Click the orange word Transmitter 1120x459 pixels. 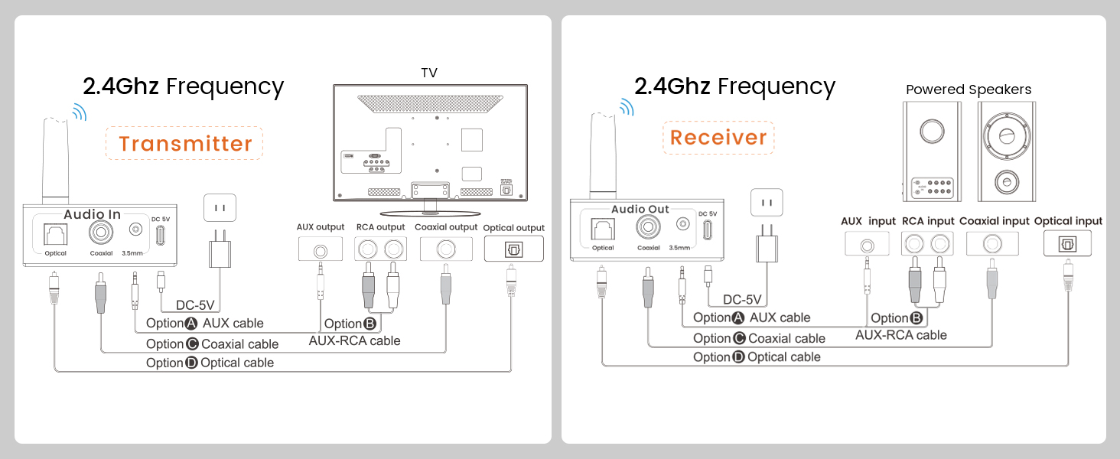pyautogui.click(x=185, y=144)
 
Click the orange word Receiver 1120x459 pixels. pyautogui.click(x=718, y=138)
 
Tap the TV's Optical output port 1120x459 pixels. pyautogui.click(x=513, y=249)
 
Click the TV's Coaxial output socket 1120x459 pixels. pyautogui.click(x=446, y=249)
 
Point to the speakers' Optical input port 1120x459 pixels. pyautogui.click(x=1067, y=244)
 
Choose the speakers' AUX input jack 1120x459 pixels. pyautogui.click(x=867, y=245)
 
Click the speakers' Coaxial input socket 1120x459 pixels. pyautogui.click(x=992, y=244)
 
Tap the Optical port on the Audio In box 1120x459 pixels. pyautogui.click(x=55, y=234)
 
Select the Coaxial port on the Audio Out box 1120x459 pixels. pyautogui.click(x=648, y=227)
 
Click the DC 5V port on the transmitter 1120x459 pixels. pyautogui.click(x=160, y=235)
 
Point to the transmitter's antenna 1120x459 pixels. pyautogui.click(x=56, y=160)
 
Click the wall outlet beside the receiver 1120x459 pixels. pyautogui.click(x=767, y=203)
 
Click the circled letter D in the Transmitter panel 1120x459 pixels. pyautogui.click(x=191, y=363)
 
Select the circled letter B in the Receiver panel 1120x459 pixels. pyautogui.click(x=917, y=318)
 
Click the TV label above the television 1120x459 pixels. pyautogui.click(x=429, y=73)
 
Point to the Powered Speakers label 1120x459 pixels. pyautogui.click(x=969, y=90)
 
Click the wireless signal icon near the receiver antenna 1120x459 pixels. pyautogui.click(x=627, y=106)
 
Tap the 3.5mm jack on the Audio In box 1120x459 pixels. pyautogui.click(x=135, y=229)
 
